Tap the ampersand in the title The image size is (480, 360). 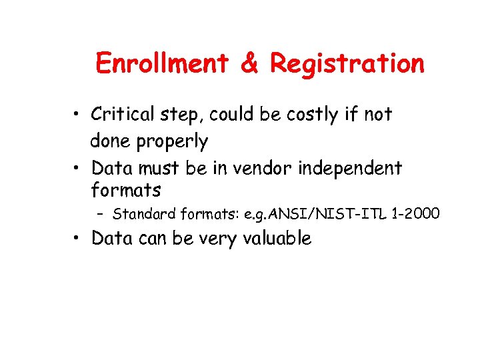[249, 64]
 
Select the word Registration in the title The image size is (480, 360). [347, 64]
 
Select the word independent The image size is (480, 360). [349, 168]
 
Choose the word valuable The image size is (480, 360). [275, 239]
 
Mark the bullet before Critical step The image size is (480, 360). [79, 115]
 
